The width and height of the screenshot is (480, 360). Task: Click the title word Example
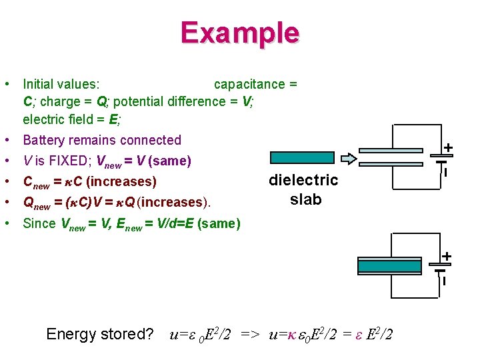pyautogui.click(x=239, y=33)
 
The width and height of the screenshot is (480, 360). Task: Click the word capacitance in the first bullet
pyautogui.click(x=249, y=84)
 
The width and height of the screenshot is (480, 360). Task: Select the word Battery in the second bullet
pyautogui.click(x=45, y=140)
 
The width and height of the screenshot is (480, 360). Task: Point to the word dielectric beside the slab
pyautogui.click(x=303, y=180)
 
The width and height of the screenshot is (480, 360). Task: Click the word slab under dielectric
pyautogui.click(x=306, y=199)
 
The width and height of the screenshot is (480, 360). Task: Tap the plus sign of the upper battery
pyautogui.click(x=449, y=147)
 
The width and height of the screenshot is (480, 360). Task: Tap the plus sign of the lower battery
pyautogui.click(x=447, y=256)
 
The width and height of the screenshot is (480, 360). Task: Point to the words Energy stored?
pyautogui.click(x=100, y=334)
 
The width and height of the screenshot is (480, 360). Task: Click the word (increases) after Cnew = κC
pyautogui.click(x=121, y=181)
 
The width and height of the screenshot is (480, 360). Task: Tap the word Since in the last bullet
pyautogui.click(x=39, y=223)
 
